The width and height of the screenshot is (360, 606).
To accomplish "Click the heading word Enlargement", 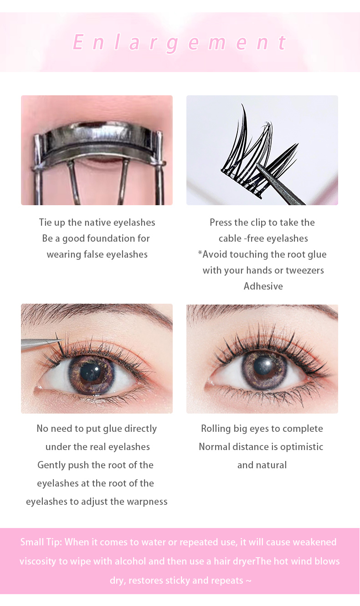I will (x=180, y=42).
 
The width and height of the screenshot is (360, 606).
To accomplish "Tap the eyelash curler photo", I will (x=97, y=150).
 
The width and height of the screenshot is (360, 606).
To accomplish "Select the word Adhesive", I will (x=263, y=286).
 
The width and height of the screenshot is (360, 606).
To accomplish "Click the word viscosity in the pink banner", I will (x=38, y=561).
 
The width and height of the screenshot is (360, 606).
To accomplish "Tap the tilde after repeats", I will (x=248, y=580).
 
